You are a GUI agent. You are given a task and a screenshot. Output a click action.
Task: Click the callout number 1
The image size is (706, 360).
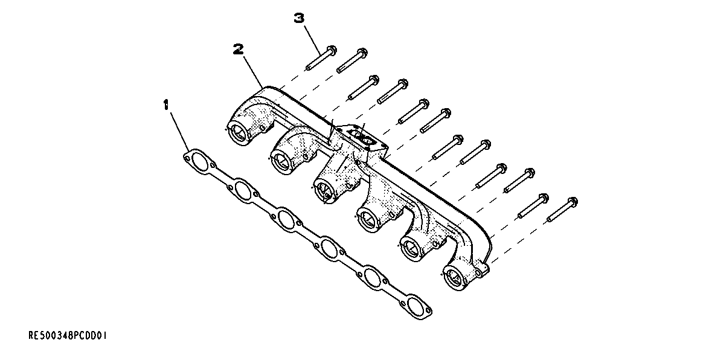click(x=165, y=106)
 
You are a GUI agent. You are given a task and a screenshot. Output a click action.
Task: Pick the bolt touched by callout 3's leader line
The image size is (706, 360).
click(x=321, y=58)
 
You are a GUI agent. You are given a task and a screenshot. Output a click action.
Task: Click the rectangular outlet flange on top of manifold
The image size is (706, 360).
click(x=362, y=138)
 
